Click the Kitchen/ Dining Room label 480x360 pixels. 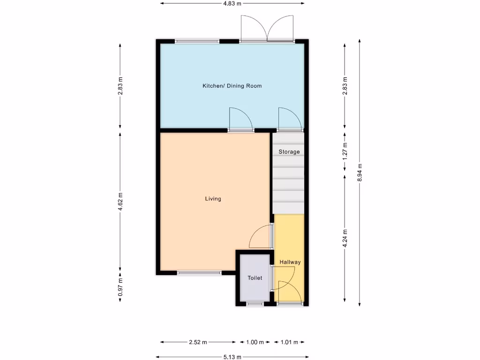coord(232,86)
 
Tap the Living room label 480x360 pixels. coord(213,199)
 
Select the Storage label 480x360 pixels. coord(289,152)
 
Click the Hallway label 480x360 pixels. coord(290,262)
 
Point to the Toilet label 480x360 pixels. coord(255,278)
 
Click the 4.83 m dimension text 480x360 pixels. coord(232,3)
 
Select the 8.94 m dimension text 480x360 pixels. coord(360,172)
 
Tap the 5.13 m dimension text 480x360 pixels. coord(232,357)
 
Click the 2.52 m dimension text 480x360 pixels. coord(197,342)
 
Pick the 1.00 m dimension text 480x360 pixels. coord(255,342)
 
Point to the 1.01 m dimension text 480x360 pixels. coord(289,342)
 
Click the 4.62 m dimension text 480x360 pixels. coord(120,202)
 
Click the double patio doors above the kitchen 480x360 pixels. coord(267,29)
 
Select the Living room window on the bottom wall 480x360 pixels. coord(199,272)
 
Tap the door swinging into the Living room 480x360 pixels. coord(261,237)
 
